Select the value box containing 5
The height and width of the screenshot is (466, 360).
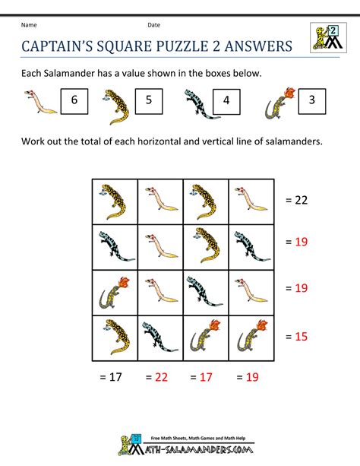point(148,100)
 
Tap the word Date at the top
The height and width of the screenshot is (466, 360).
point(153,25)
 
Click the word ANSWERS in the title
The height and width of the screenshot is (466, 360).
point(254,46)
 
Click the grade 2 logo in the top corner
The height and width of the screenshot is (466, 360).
point(327,39)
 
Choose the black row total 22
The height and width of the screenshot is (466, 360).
point(297,200)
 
